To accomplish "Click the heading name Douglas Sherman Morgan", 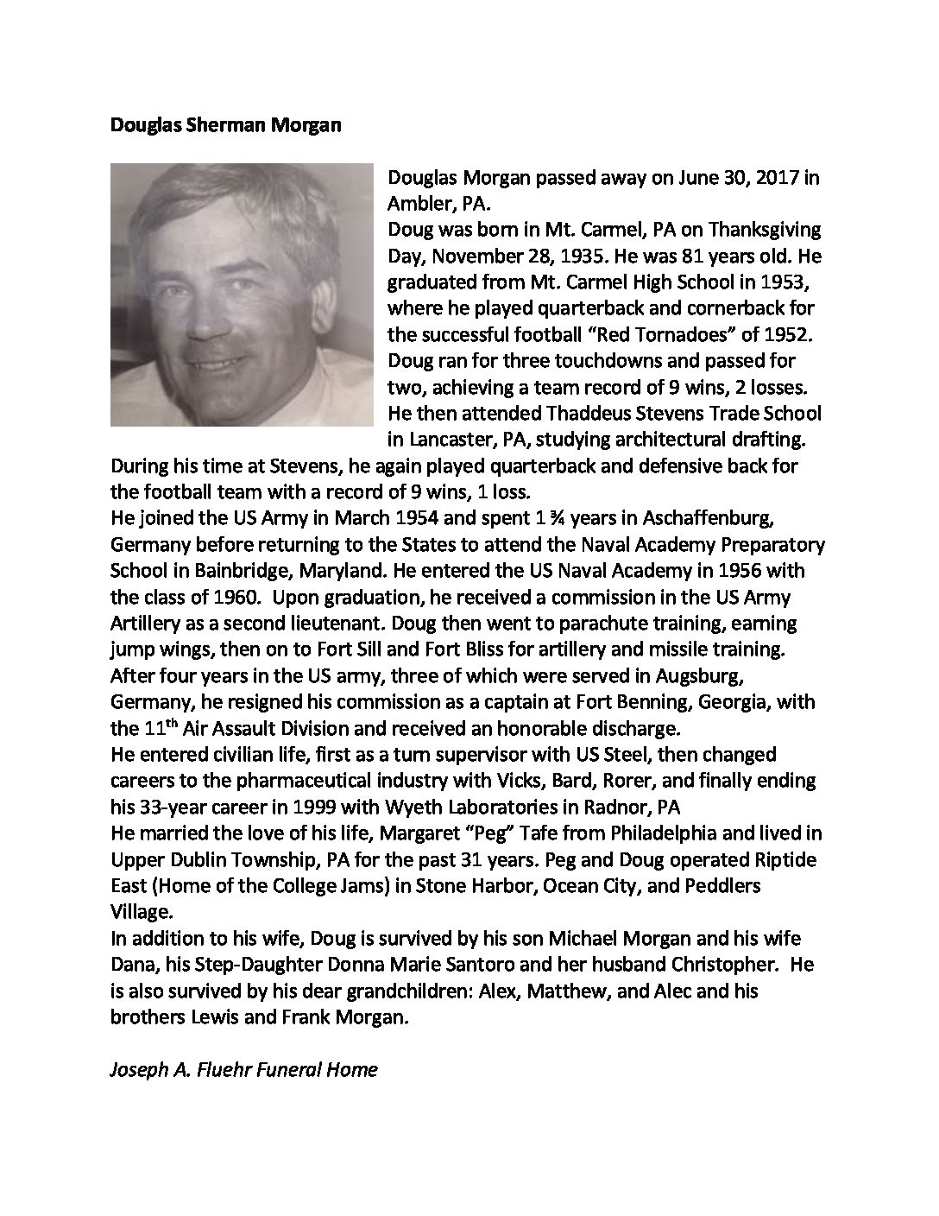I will (226, 125).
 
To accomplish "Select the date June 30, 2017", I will (727, 179).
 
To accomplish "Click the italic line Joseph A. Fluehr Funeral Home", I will (244, 1069).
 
